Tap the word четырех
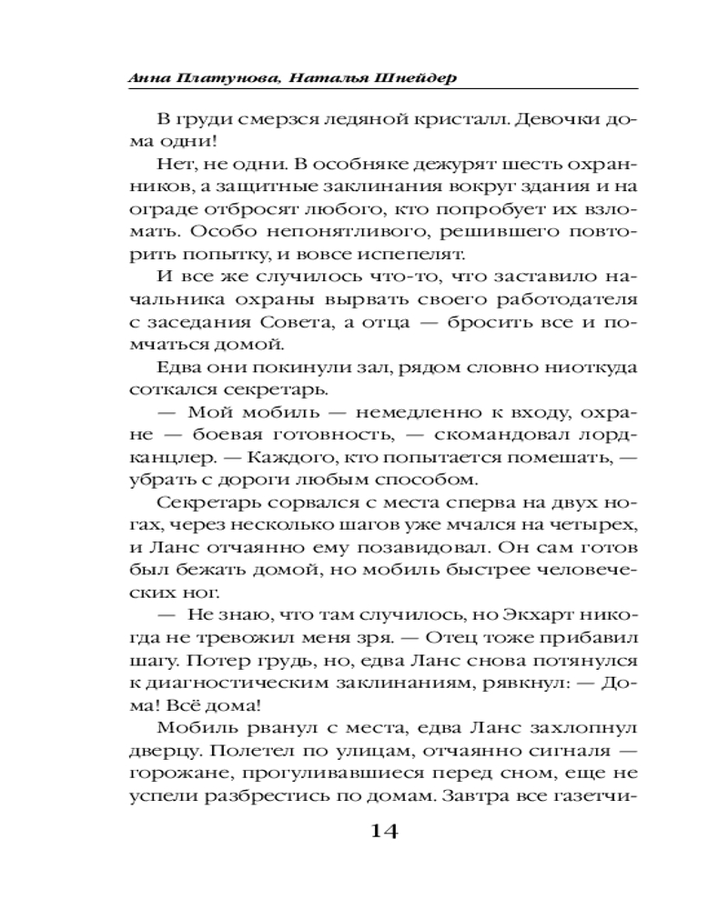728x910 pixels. tap(592, 524)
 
